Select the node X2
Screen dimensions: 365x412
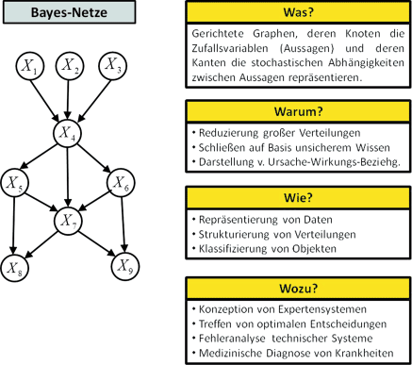(71, 67)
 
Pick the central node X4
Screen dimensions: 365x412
(67, 133)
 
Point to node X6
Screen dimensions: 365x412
(120, 180)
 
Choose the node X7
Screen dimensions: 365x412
(67, 222)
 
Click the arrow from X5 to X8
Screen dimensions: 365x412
(15, 223)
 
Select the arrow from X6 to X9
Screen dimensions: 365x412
(123, 223)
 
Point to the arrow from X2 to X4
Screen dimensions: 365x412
(69, 100)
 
